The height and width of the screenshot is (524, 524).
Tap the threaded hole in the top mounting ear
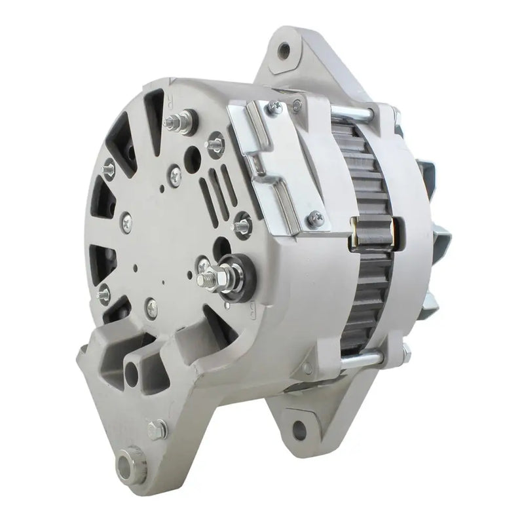(x=283, y=47)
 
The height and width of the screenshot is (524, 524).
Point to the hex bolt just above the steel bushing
(x=155, y=429)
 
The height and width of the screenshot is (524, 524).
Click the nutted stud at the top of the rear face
(x=191, y=122)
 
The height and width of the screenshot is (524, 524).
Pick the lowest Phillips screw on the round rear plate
(x=151, y=303)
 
